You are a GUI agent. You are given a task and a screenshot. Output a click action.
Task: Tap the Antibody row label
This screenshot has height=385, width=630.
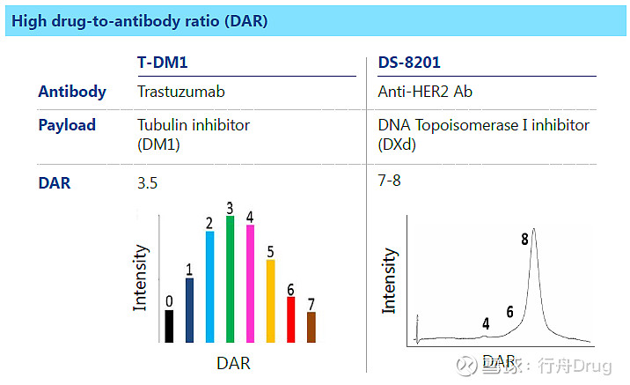pos(72,92)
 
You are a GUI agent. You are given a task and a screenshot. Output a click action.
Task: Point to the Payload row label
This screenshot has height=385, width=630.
pos(67,125)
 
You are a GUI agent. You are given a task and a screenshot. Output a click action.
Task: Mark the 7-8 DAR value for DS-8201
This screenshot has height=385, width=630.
pos(389,181)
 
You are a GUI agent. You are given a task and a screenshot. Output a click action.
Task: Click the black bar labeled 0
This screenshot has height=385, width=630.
pos(169,325)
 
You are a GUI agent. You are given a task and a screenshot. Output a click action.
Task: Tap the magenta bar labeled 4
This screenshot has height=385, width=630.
pos(250,283)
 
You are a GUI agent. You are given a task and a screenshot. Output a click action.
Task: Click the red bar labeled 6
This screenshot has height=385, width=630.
pos(290,318)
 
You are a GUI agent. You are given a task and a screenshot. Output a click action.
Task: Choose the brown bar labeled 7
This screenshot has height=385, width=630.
pos(311,326)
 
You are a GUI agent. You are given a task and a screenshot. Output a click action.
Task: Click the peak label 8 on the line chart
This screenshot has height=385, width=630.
pos(524,239)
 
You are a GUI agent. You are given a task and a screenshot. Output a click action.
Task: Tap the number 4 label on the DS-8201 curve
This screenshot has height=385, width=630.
pos(486,323)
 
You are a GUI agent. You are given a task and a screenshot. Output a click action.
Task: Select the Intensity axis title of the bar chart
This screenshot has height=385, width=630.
pos(140,278)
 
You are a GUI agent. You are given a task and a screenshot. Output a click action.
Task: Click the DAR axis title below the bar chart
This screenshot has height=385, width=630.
pos(233,362)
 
